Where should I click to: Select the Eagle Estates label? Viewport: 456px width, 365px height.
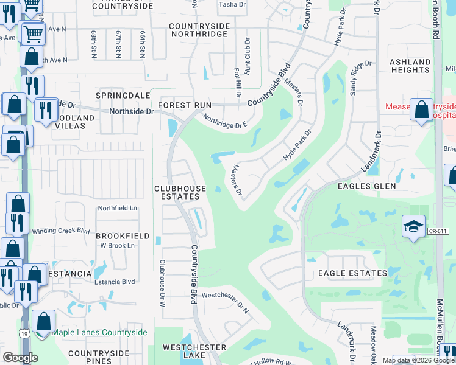(352, 274)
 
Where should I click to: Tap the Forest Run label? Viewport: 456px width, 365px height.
(184, 105)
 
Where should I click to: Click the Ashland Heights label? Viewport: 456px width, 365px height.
(410, 66)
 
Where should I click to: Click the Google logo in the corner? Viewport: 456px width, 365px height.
(20, 358)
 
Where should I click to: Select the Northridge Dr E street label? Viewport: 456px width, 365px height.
(225, 122)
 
